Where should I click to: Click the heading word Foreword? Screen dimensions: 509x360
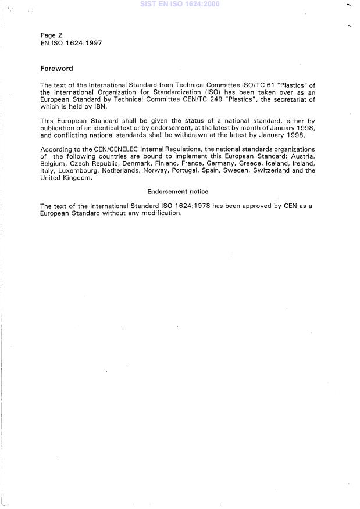pos(56,69)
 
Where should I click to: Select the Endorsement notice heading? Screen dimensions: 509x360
pos(177,191)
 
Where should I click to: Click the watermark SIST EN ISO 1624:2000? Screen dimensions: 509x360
pos(180,4)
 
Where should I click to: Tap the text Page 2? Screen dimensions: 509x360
pos(51,35)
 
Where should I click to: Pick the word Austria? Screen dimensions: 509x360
pos(302,157)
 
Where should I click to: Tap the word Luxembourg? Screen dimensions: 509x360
pos(79,171)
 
